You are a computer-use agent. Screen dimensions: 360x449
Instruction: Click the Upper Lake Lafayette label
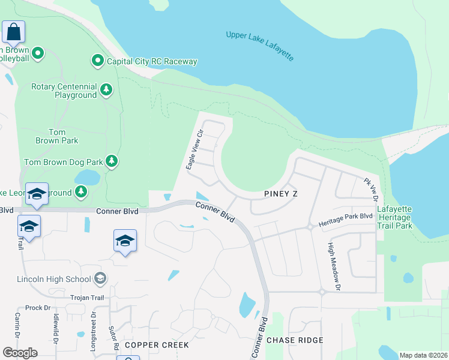260,46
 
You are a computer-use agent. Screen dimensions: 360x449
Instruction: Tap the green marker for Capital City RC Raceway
97,61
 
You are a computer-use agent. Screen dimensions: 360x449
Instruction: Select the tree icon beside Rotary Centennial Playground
106,89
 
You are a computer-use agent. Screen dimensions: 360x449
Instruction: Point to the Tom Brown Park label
64,136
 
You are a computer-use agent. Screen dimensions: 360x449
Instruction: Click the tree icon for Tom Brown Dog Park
111,161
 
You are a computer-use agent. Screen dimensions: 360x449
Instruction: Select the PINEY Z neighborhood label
281,194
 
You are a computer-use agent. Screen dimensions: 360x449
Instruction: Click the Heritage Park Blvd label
345,223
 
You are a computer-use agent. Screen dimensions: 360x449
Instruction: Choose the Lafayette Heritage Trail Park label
394,218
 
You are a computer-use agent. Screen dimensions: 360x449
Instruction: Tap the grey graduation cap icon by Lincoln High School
100,278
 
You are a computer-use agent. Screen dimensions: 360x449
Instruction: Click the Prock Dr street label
37,307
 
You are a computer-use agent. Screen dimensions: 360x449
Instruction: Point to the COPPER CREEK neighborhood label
157,345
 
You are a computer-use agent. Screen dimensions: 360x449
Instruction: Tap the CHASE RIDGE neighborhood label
295,340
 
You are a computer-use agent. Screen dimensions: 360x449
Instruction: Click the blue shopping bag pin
13,31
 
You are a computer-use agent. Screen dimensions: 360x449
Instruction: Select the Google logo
20,352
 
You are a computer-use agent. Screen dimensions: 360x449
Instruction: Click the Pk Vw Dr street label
370,188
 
